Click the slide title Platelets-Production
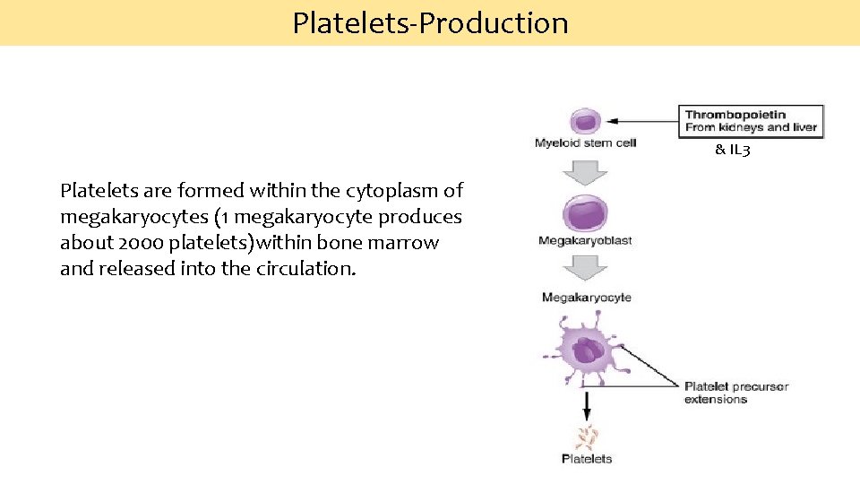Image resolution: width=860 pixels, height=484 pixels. click(430, 22)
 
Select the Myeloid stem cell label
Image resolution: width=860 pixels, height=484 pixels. click(585, 143)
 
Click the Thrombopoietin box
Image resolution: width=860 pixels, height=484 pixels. click(751, 121)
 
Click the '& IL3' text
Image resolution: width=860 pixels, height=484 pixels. click(732, 150)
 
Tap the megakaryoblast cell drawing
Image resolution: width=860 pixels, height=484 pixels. click(584, 215)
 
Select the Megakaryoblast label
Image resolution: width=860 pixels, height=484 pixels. click(585, 240)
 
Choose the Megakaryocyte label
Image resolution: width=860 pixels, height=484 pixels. click(586, 298)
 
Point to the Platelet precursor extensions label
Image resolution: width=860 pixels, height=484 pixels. click(735, 393)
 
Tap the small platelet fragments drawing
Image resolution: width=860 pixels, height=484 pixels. click(587, 438)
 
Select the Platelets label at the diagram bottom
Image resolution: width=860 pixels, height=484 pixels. click(587, 459)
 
